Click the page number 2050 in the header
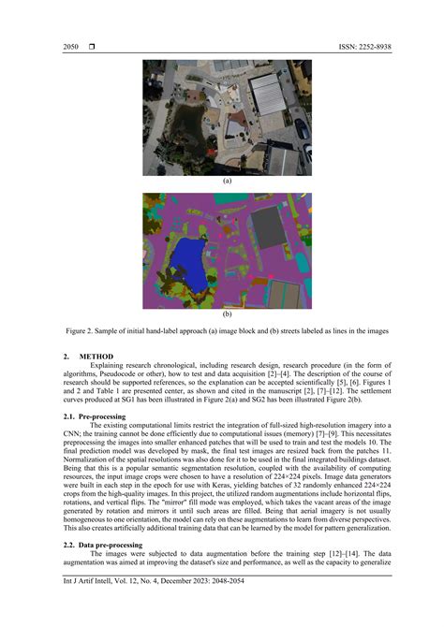tap(71, 47)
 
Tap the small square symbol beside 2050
tap(92, 47)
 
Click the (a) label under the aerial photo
tap(227, 181)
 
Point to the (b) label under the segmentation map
tap(227, 314)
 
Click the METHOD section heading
tap(96, 357)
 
